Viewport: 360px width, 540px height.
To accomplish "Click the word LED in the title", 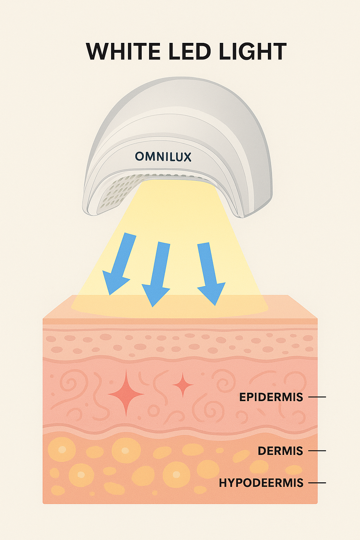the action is [189, 52].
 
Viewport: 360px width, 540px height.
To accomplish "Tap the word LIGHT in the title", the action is [252, 52].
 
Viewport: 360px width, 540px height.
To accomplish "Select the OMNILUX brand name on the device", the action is [163, 156].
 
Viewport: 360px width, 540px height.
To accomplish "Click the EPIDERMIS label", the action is [271, 397].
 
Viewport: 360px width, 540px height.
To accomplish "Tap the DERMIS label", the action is [280, 451].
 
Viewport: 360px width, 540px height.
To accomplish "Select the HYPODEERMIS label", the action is [261, 483].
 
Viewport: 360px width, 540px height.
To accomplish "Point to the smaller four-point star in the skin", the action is [183, 385].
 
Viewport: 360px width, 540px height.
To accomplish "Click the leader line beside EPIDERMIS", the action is [317, 397].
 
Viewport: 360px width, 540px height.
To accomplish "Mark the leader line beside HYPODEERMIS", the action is [317, 483].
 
